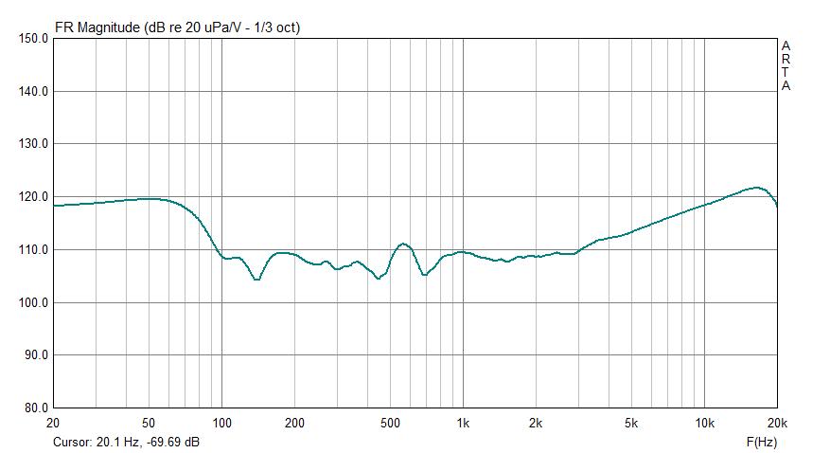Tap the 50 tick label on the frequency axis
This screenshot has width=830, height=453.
point(149,423)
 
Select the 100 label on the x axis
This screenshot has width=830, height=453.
point(221,423)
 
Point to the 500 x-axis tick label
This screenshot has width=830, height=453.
point(390,423)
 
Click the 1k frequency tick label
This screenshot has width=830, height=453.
point(463,423)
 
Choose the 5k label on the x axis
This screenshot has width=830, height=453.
point(631,423)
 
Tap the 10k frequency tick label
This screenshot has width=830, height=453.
point(704,423)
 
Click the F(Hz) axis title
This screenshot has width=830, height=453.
point(762,442)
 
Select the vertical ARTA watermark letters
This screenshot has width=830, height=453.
point(786,65)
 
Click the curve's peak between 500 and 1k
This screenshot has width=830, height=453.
point(403,244)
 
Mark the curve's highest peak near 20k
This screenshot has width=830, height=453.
point(754,188)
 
